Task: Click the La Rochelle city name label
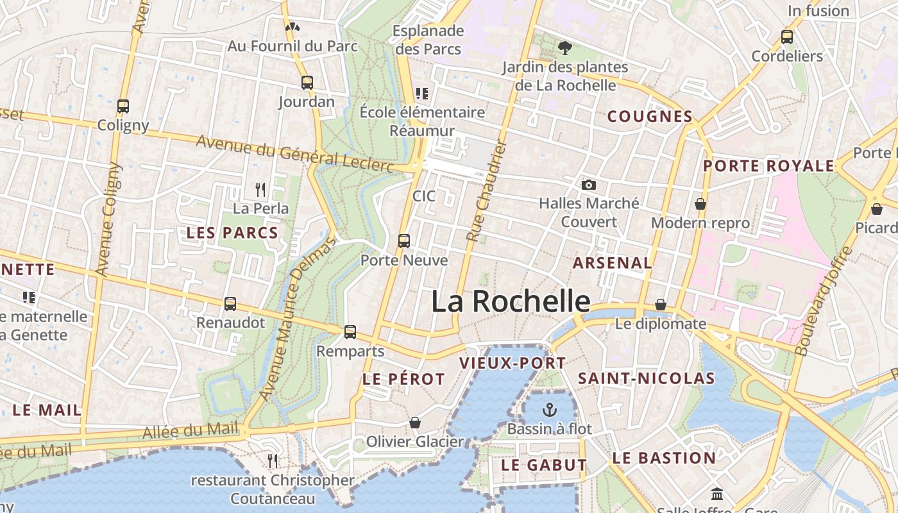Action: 511,301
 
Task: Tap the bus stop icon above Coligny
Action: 123,106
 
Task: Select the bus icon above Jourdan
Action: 307,82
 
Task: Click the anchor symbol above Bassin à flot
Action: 549,409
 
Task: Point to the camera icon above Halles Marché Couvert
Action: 588,185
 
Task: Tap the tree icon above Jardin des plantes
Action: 564,47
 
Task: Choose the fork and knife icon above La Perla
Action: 260,190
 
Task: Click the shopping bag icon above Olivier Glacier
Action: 415,423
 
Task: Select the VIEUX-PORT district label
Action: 513,363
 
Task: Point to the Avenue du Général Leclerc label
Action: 294,154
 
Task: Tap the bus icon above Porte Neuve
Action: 403,241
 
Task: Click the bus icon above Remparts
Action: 350,332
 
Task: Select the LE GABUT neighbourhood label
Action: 544,465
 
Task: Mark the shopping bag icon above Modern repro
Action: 700,204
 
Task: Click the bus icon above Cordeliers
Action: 787,37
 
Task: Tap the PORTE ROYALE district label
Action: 768,166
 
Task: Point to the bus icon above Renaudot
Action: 230,304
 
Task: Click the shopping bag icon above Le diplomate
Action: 661,305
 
